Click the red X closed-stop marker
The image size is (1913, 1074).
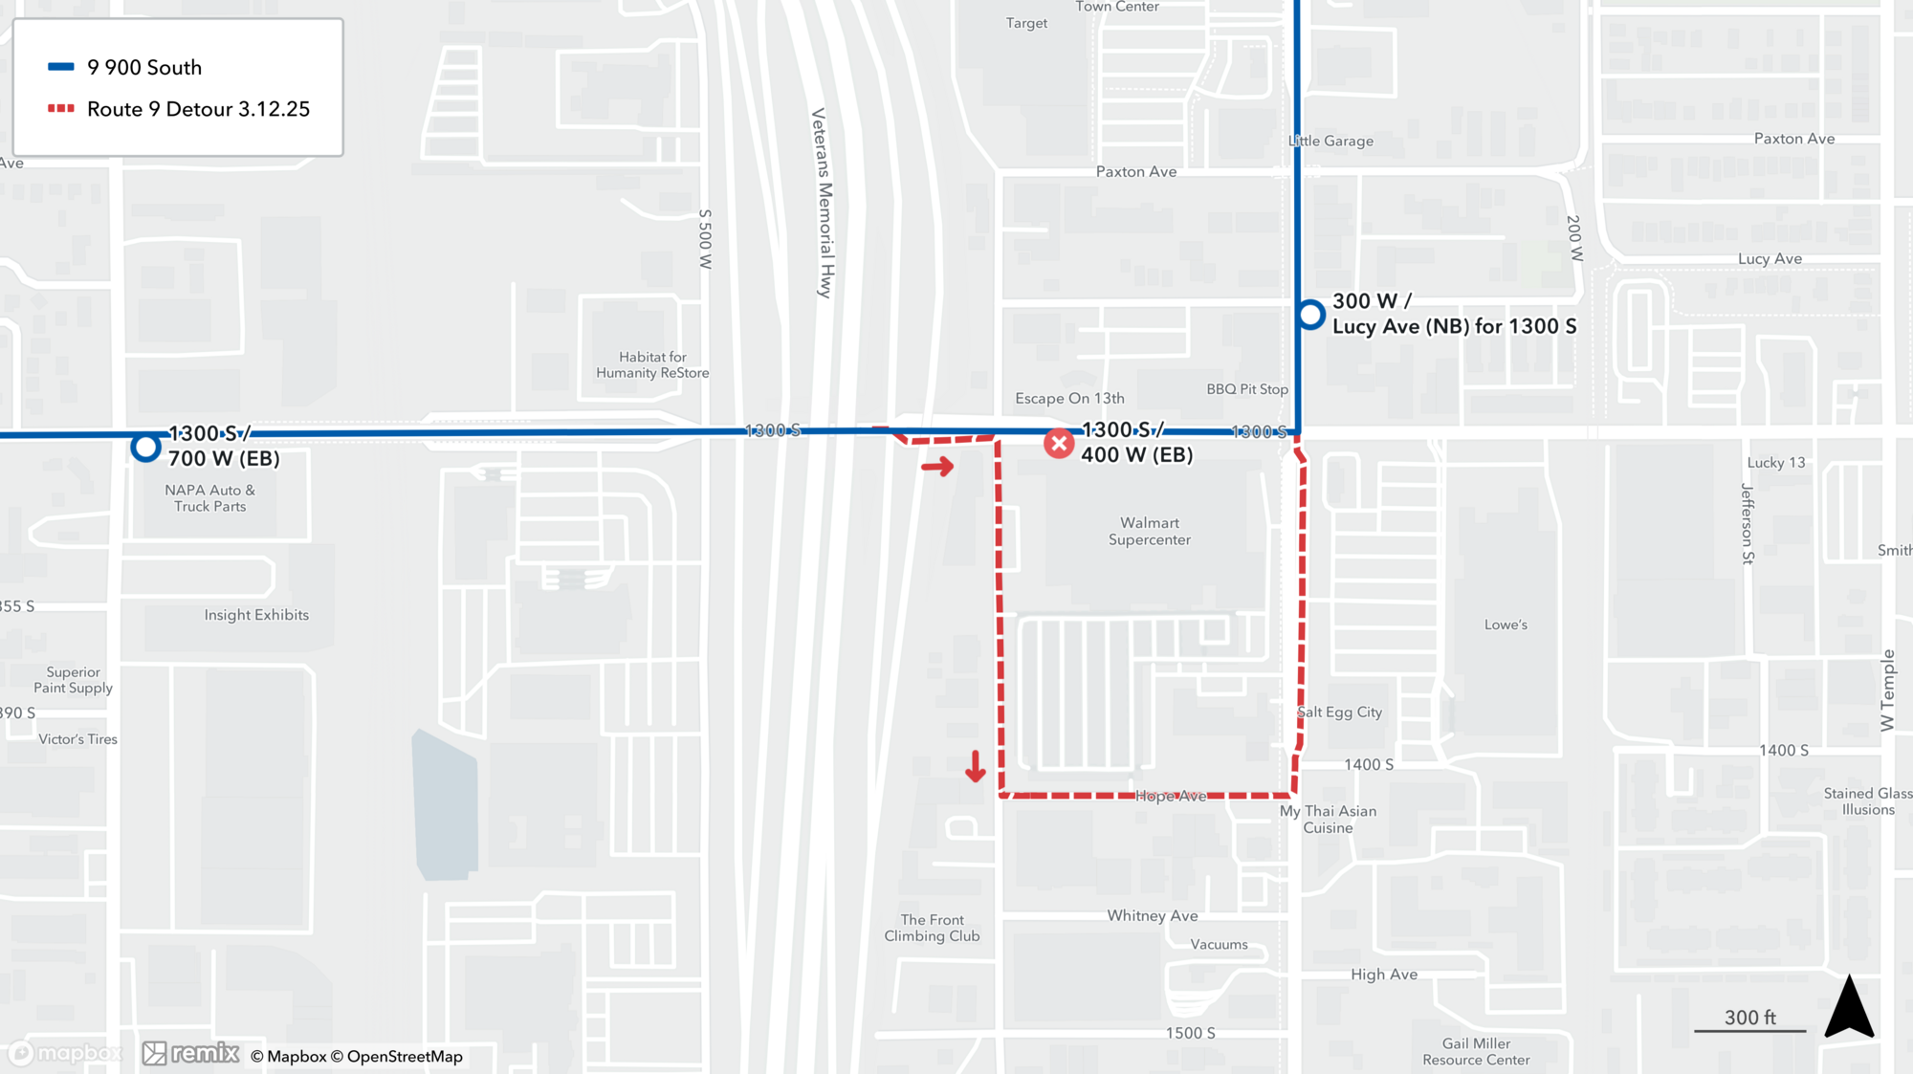(x=1058, y=444)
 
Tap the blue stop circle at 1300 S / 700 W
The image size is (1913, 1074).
(x=145, y=447)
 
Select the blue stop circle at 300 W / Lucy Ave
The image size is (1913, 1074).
(x=1310, y=314)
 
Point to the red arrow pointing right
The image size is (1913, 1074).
(x=937, y=467)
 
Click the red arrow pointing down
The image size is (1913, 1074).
(x=975, y=766)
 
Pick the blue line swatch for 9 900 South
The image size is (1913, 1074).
(x=61, y=67)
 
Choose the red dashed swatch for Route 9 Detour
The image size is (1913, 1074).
(x=61, y=109)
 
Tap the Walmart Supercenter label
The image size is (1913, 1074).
(x=1149, y=531)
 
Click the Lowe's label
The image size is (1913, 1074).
(x=1506, y=625)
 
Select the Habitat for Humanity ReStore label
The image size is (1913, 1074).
(x=652, y=364)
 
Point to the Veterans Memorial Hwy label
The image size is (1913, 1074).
(x=823, y=203)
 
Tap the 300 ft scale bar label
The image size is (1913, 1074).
(x=1749, y=1018)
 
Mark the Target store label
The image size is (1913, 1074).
(x=1026, y=23)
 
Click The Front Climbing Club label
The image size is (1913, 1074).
(x=932, y=928)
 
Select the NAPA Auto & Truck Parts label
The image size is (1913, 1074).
(x=209, y=497)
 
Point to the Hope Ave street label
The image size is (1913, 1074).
(x=1171, y=796)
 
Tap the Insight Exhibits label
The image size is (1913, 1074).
(x=256, y=615)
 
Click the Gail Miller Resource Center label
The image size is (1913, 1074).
(x=1476, y=1051)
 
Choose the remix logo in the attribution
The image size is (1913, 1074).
(x=191, y=1053)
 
